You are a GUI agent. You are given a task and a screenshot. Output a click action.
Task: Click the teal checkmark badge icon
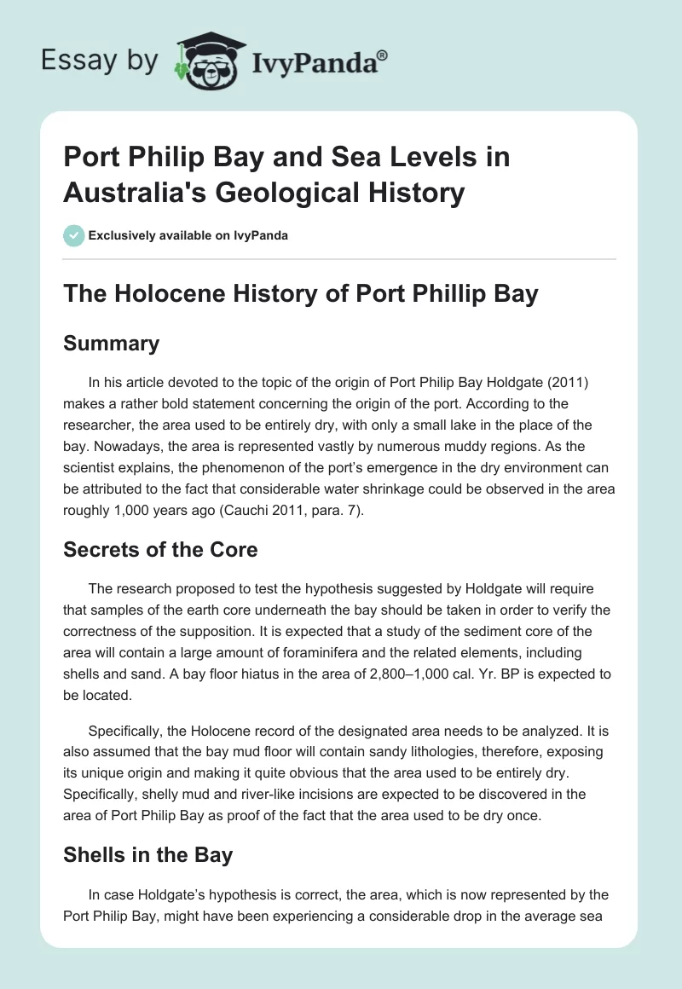pyautogui.click(x=73, y=235)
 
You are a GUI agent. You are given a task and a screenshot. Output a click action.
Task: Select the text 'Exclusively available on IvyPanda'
pyautogui.click(x=188, y=235)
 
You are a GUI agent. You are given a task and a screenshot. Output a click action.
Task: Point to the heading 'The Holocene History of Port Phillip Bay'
pyautogui.click(x=301, y=294)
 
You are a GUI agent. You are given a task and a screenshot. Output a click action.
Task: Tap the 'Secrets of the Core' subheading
pyautogui.click(x=160, y=551)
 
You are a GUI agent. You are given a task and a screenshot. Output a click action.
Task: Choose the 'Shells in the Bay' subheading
pyautogui.click(x=147, y=854)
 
